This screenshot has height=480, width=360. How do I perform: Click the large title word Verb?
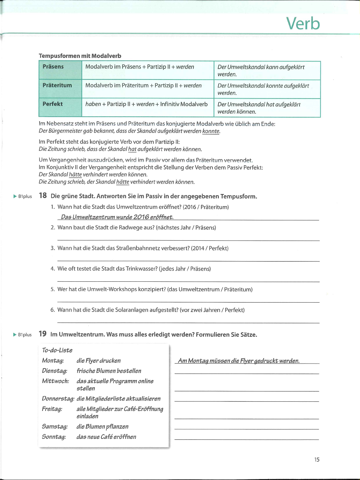pos(303,23)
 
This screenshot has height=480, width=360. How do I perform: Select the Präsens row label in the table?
pos(53,67)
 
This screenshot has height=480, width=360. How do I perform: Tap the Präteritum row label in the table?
pos(57,86)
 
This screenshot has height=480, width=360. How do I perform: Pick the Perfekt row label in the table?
pos(53,104)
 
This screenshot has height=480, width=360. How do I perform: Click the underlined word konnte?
pos(211,131)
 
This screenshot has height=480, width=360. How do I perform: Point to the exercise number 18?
pos(43,196)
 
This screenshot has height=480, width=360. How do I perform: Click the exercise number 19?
pos(43,334)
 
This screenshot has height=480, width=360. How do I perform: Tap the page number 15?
pos(316,459)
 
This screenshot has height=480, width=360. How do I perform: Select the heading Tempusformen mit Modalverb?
pos(80,56)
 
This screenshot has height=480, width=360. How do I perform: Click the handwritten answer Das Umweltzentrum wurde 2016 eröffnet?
pos(117,217)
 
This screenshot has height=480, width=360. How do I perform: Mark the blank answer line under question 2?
pos(188,240)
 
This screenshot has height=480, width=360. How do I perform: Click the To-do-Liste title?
pos(57,350)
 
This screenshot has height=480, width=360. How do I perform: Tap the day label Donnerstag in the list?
pos(58,399)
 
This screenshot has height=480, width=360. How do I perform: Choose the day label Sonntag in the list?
pos(54,437)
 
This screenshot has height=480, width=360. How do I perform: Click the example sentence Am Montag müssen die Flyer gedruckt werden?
pos(239,361)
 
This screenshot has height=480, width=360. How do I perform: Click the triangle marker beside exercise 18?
pos(15,196)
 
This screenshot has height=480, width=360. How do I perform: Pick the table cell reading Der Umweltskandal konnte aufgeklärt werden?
pos(263,89)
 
